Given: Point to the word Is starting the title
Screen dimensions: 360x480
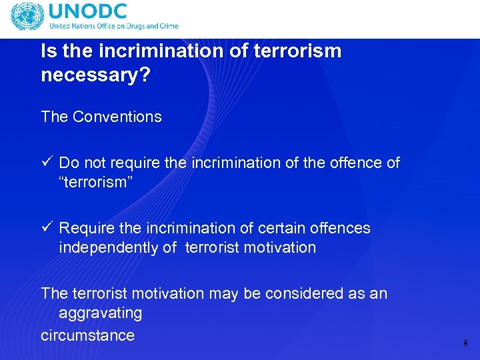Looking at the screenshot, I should coord(48,51).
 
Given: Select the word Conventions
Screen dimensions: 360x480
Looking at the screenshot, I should coord(117,117).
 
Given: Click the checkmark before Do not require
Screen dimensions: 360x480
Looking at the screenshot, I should coord(46,162).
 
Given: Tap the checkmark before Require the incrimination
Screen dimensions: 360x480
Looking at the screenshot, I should coord(46,227).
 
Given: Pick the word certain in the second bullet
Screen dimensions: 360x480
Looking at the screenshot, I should coord(281,228).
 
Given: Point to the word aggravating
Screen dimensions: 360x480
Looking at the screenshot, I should coord(100,313).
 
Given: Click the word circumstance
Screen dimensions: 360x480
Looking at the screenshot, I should coord(87,335).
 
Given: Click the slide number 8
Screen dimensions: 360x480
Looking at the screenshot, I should coord(465,343).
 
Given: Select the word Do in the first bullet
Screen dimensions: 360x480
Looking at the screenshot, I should coord(68,163).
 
